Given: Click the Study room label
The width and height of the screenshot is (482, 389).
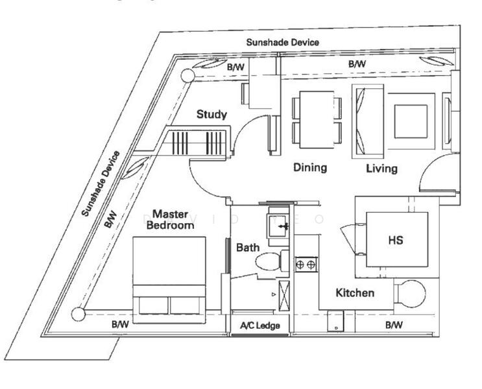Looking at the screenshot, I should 212,115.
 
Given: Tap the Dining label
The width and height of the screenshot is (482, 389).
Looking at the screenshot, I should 309,167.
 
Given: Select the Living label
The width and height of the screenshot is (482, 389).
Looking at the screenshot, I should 381,169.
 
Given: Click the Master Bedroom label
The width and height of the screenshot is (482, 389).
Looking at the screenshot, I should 170,219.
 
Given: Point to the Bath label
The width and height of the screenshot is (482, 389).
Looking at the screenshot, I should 248,247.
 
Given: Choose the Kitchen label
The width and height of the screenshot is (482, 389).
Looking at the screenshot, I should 355,293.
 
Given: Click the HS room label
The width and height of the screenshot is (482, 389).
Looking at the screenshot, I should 396,240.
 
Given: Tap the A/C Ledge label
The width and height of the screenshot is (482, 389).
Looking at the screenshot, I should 260,325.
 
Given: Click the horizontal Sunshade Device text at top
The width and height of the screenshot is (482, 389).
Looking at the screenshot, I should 282,42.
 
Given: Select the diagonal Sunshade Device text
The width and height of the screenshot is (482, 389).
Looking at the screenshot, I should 101,183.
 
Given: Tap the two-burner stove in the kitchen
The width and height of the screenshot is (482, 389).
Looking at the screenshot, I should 306,264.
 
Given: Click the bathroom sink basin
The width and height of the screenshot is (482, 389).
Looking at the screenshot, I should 280,227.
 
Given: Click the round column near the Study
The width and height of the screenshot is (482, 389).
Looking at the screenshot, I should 187,76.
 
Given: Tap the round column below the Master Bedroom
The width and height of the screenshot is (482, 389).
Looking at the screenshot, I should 78,314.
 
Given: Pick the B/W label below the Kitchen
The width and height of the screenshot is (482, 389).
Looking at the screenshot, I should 394,324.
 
